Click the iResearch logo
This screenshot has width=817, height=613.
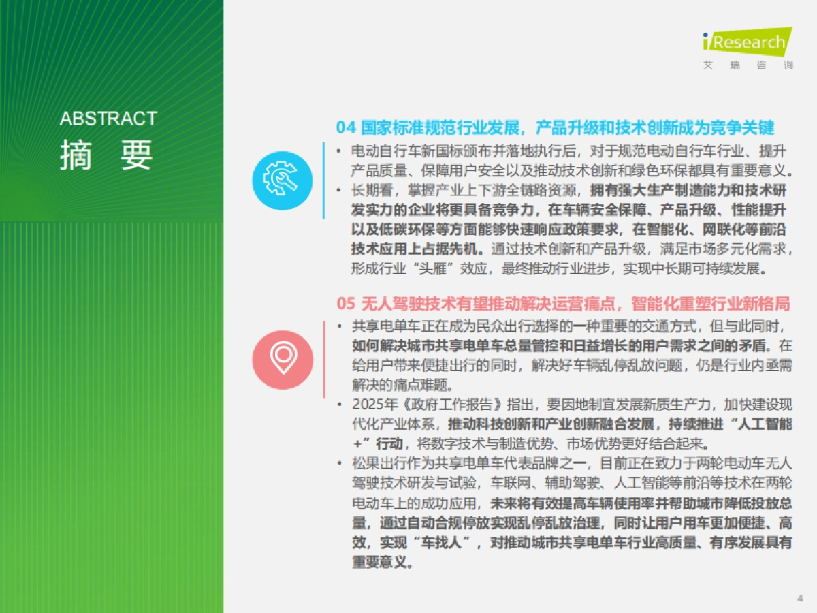pos(747,42)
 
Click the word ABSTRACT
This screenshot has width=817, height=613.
pos(108,119)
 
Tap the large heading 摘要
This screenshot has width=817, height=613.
pos(106,155)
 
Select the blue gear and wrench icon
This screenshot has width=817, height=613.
pos(283,180)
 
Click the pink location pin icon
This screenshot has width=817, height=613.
pos(283,360)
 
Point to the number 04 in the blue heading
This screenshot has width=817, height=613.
pos(346,127)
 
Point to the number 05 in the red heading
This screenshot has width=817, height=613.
pos(346,303)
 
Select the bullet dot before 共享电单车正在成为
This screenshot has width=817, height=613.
pos(340,326)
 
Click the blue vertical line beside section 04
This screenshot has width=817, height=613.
pos(323,180)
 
